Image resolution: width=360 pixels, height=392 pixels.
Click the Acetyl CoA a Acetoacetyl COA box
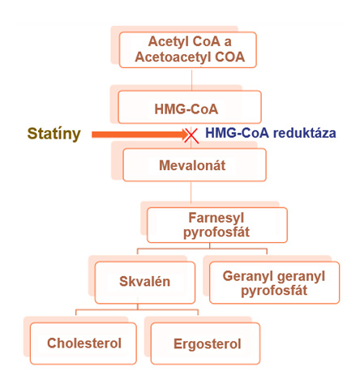pos(188,49)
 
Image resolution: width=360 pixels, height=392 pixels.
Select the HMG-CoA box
pos(190,107)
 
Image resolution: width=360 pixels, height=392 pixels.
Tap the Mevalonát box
pos(195,164)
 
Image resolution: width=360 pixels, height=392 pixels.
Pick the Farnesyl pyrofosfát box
pos(217,225)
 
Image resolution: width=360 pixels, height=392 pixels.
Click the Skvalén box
pos(145,283)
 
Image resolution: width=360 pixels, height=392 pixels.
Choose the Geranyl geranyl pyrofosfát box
pos(274,283)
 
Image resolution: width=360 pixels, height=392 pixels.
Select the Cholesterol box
pos(84,343)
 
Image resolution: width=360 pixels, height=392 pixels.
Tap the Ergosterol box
pos(205,343)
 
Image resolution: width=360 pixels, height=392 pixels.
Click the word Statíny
pos(54,134)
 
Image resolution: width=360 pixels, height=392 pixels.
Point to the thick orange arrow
pos(140,134)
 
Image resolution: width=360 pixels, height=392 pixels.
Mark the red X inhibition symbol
pos(191,135)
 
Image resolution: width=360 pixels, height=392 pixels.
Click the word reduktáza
pos(304,133)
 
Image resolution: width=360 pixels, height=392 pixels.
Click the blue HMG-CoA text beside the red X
pos(238,133)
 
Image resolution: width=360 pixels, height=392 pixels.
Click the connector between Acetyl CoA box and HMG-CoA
pos(191,79)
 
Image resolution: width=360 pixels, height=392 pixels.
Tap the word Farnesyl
pos(216,218)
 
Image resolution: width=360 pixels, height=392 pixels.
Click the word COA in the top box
pos(230,57)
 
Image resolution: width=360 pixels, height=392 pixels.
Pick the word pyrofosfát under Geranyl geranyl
pos(274,291)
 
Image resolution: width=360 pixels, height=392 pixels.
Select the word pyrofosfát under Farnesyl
pos(216,232)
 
